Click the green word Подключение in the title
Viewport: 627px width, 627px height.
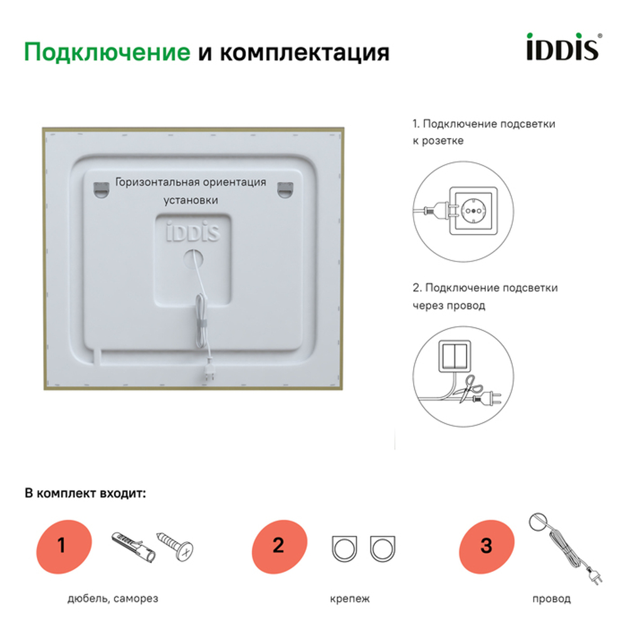coord(107,52)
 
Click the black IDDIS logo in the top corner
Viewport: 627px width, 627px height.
coord(562,48)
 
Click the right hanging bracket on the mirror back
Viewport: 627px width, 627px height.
coord(285,188)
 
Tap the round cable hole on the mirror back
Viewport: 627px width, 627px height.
coord(192,258)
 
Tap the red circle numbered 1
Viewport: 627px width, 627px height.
coord(61,545)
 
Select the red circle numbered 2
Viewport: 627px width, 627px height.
coord(279,545)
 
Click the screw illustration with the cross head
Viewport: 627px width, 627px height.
coord(177,545)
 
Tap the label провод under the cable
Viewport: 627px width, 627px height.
coord(551,599)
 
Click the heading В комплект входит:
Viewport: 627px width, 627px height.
coord(85,493)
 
